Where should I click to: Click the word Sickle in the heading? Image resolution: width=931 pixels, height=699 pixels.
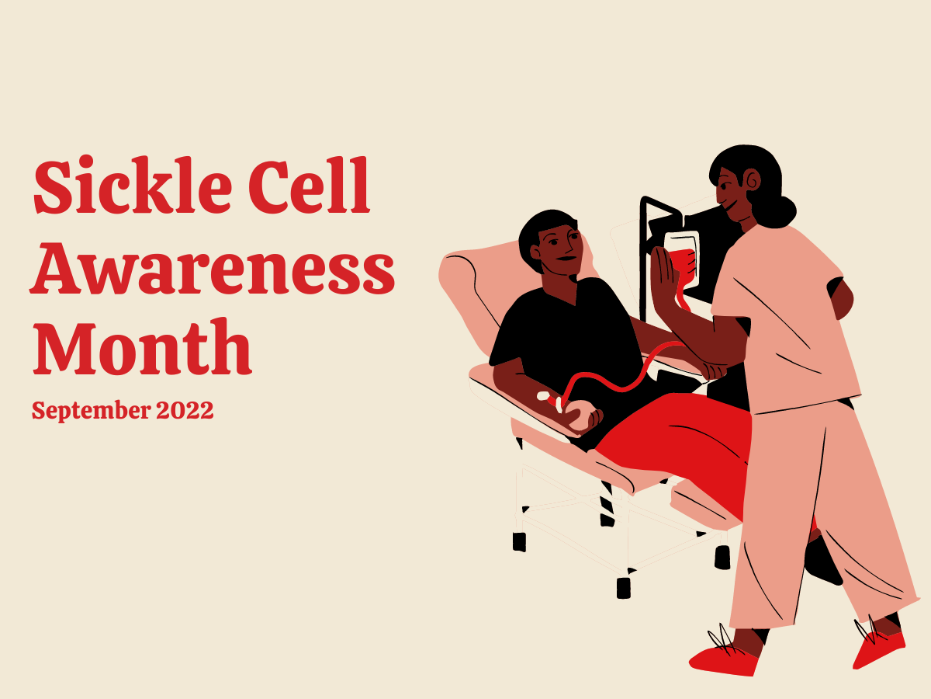point(133,185)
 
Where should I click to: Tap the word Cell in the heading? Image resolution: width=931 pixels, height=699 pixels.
point(310,185)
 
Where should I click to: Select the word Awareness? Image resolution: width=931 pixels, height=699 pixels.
point(213,268)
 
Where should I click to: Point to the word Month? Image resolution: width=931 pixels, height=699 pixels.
point(143,346)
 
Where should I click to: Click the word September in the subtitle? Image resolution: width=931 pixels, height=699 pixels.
point(92,410)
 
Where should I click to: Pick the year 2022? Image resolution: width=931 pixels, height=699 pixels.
point(185,410)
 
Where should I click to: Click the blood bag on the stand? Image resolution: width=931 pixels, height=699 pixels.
point(682,259)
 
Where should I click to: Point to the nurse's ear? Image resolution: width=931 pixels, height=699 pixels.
point(753,180)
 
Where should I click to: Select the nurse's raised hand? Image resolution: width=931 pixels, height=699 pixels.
point(664,275)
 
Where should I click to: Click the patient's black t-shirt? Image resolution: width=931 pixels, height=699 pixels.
point(569,339)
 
